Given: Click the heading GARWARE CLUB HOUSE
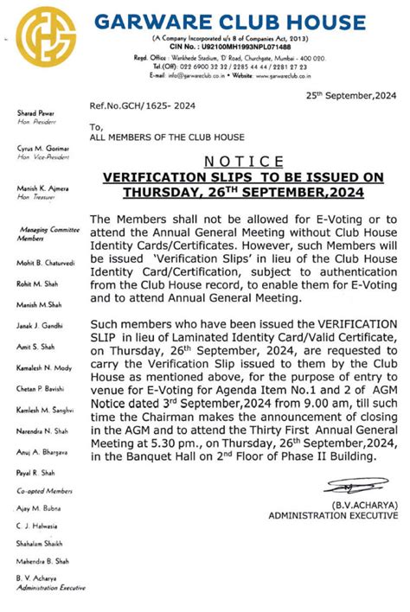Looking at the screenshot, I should [x=230, y=22].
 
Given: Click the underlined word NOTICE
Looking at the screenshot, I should [x=243, y=162].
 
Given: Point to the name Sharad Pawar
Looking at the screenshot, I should [x=35, y=114].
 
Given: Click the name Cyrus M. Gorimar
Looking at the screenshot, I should [x=42, y=149].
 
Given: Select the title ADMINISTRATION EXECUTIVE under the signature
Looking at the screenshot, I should [x=333, y=515].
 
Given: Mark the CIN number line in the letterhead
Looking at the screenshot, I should [x=230, y=47].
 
